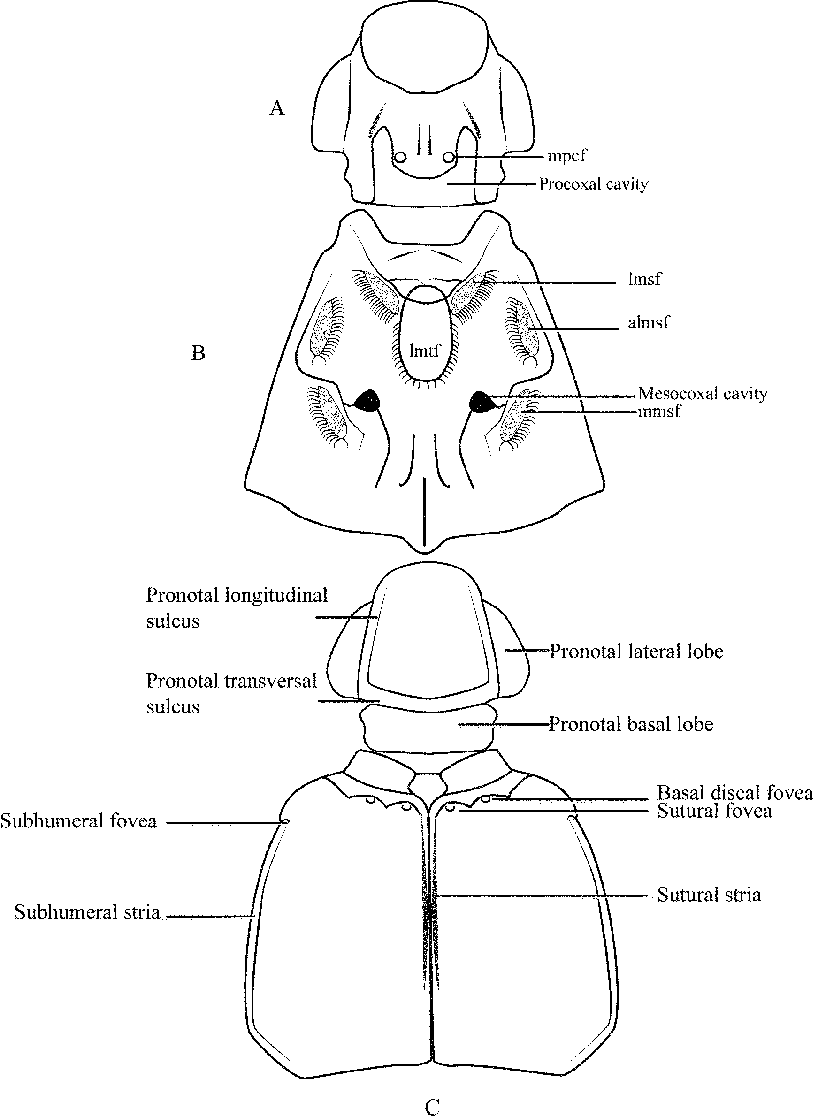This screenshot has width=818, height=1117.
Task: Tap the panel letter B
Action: [198, 353]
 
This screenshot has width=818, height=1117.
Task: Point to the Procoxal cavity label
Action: [593, 184]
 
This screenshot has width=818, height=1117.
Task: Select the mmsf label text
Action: [659, 411]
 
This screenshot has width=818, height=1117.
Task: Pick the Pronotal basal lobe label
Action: [631, 724]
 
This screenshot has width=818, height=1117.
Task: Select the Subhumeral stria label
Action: [87, 912]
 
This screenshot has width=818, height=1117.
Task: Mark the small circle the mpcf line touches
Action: [449, 157]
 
